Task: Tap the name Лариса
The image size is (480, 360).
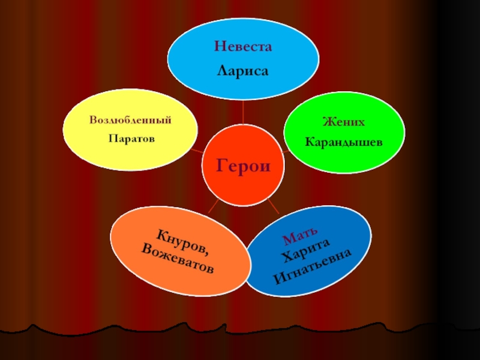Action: [x=242, y=71]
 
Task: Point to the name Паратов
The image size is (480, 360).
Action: [x=131, y=139]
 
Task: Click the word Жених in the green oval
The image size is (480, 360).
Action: [x=343, y=122]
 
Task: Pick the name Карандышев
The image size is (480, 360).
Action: [x=343, y=143]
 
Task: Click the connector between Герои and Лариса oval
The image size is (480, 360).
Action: [x=242, y=111]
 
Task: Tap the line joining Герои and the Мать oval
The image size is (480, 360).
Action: [x=272, y=207]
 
